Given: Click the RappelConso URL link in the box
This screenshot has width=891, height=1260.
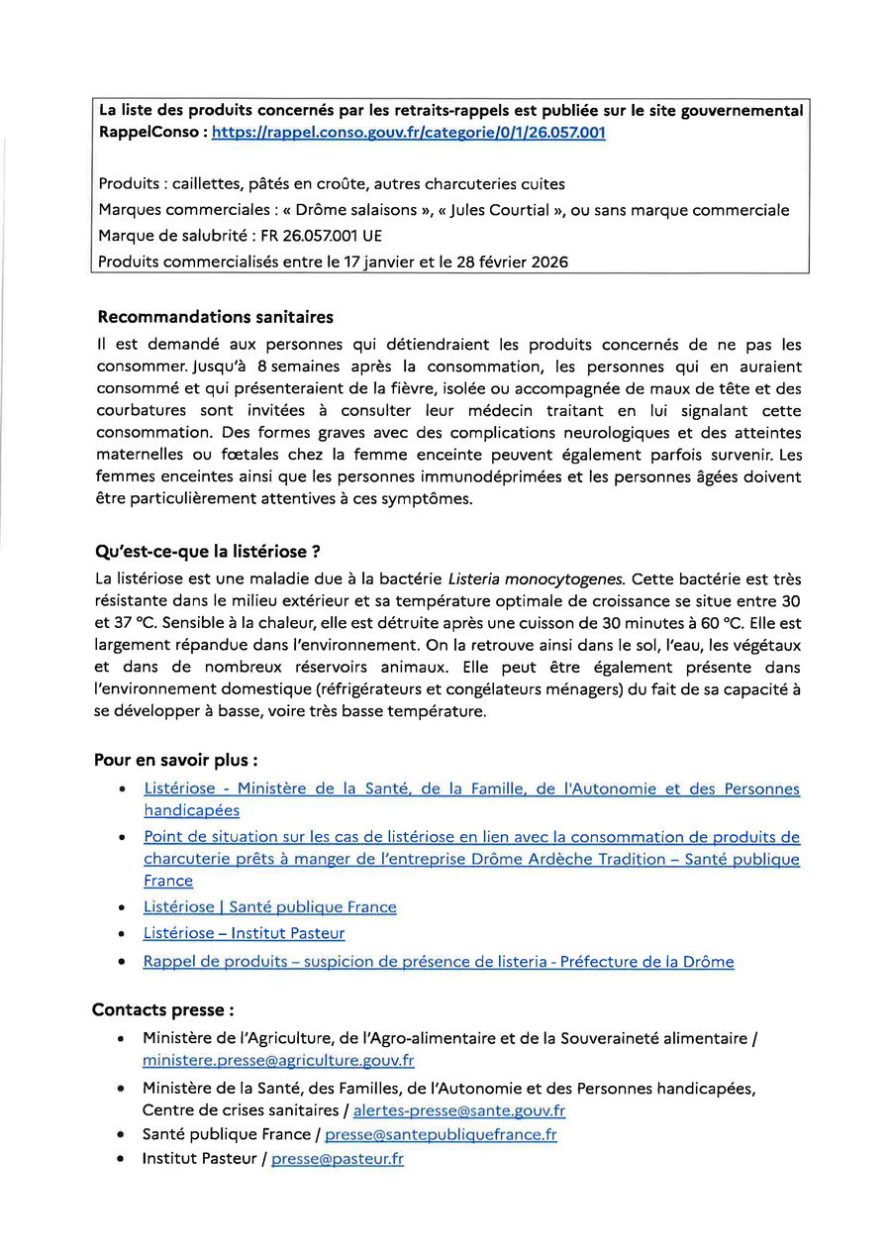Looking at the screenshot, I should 409,133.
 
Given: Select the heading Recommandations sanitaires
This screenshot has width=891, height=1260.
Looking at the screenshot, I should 216,318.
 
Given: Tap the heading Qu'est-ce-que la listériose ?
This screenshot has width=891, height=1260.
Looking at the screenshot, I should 207,552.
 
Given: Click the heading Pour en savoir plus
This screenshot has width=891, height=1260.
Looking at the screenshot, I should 176,761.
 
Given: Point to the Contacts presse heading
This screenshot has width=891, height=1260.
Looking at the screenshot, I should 163,1010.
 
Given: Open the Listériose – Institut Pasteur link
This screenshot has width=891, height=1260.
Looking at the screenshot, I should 244,933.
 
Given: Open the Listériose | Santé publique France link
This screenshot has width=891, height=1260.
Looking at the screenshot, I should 269,907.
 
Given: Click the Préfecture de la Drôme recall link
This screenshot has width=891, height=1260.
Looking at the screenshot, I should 439,962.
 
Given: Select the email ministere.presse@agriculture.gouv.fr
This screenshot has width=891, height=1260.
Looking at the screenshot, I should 278,1061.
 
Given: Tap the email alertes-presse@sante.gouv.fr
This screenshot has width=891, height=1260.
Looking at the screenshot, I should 459,1111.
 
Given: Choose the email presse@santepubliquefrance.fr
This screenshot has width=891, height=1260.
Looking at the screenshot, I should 441,1135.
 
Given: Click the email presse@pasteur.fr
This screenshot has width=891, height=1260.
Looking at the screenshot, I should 338,1159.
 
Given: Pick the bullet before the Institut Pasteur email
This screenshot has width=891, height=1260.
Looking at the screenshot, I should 120,1159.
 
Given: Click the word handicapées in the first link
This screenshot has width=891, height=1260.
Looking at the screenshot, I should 191,810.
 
